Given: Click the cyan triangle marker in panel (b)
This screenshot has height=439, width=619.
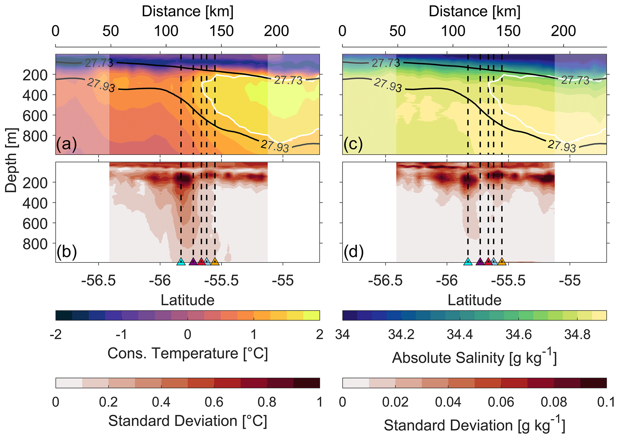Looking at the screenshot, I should pos(181,261).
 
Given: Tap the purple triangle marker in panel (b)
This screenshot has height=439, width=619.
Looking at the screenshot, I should pos(193,261).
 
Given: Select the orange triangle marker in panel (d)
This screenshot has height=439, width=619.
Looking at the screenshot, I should pos(502,261).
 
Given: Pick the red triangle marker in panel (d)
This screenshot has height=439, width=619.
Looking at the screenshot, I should pos(488,261).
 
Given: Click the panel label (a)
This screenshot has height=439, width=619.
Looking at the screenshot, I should pos(66,144).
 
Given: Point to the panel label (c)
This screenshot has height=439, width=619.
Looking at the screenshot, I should pos(353,144).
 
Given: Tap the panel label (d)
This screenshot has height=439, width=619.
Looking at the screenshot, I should pos(353,252).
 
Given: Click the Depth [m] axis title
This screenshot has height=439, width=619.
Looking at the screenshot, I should pos(11,160).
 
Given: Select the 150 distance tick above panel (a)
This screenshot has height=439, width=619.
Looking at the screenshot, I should pos(221,31).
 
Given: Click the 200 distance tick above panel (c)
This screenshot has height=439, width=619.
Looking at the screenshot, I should pos(564,31).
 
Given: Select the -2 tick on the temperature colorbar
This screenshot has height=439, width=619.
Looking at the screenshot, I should pos(56,334).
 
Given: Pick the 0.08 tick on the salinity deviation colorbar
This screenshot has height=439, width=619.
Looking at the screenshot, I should pos(554,402).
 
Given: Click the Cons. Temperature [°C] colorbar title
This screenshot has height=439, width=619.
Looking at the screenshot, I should pos(187,353).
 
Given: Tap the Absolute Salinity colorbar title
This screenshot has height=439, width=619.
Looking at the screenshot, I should pos(474,358).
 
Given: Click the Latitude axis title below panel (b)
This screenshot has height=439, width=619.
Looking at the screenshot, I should pos(187,300).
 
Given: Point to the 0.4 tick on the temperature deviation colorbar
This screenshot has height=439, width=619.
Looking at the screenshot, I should pos(161,402).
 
